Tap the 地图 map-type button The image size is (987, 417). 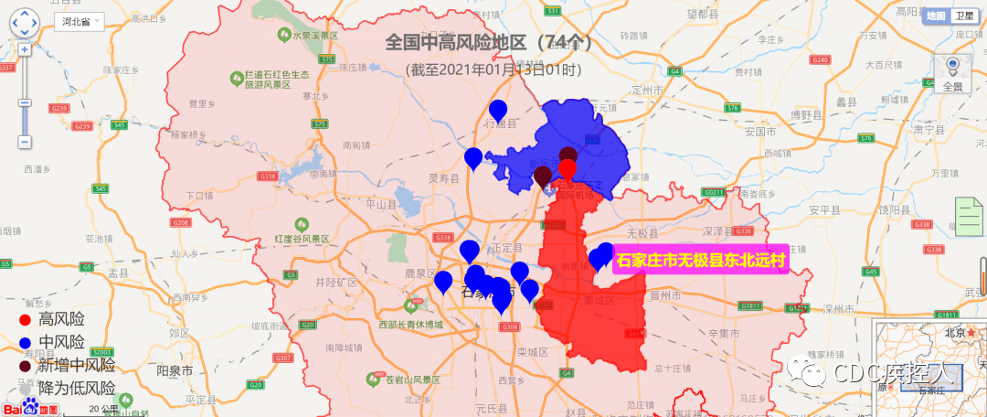click(x=936, y=16)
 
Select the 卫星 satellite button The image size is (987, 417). click(x=963, y=16)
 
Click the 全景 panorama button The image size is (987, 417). click(x=952, y=73)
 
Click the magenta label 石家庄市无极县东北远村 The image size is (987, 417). click(x=701, y=261)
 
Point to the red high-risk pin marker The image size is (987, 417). click(x=568, y=169)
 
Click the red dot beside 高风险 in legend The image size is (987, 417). click(x=26, y=319)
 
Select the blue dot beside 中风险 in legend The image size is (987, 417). click(x=26, y=343)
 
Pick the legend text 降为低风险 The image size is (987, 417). click(x=77, y=388)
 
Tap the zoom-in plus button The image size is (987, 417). click(x=25, y=49)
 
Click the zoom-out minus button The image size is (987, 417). click(x=25, y=142)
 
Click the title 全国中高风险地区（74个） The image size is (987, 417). click(x=489, y=42)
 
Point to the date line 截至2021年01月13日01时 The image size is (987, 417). click(x=493, y=69)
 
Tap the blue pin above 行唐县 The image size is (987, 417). click(x=498, y=110)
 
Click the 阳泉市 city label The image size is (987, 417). click(x=174, y=372)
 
